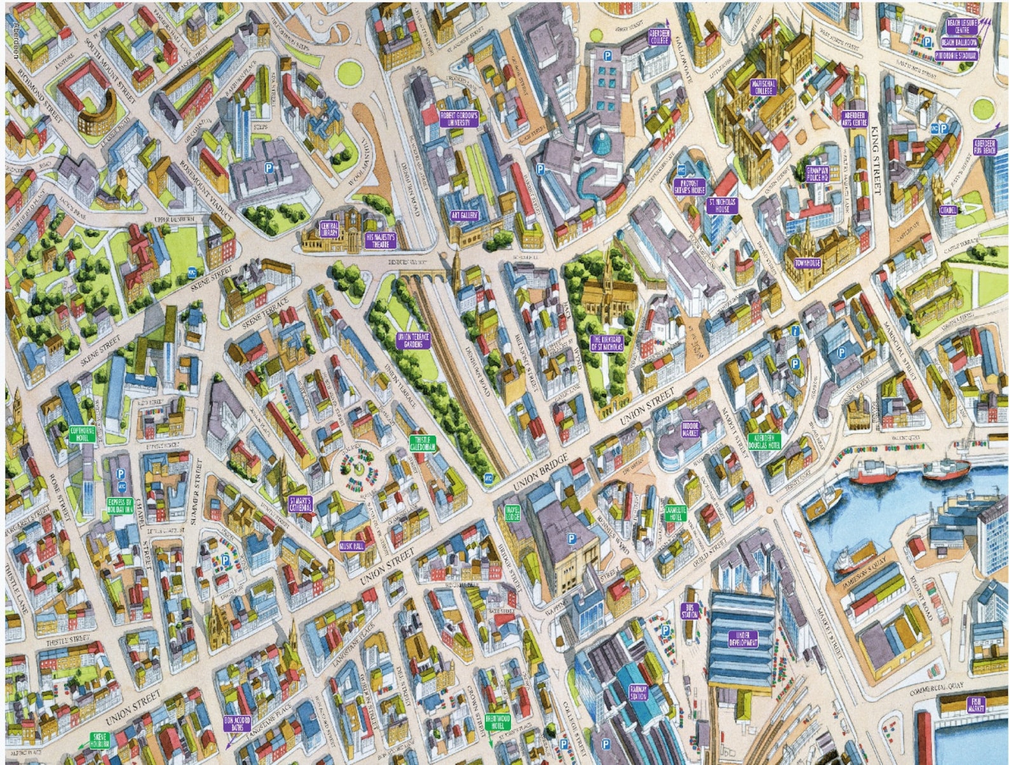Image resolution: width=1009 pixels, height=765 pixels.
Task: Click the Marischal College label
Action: click(x=762, y=87)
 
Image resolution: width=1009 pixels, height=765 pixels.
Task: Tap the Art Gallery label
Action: click(x=464, y=215)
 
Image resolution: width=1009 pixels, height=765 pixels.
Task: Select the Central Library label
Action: click(x=329, y=229)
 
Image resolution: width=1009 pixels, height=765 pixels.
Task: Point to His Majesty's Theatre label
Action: click(x=381, y=240)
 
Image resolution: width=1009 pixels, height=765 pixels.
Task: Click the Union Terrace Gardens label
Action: click(x=413, y=341)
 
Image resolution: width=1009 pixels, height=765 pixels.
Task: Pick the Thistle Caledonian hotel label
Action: click(x=424, y=443)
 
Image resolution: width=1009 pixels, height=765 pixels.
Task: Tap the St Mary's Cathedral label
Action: click(x=300, y=504)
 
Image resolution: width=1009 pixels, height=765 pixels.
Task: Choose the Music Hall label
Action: click(x=351, y=546)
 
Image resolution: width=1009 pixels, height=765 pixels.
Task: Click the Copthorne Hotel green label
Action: click(x=82, y=433)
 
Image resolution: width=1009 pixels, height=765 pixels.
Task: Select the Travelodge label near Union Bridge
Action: click(x=512, y=512)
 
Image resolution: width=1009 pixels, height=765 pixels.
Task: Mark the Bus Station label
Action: click(x=689, y=611)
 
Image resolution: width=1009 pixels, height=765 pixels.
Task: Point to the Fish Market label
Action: click(x=975, y=703)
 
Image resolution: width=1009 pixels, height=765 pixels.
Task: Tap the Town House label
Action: click(x=807, y=262)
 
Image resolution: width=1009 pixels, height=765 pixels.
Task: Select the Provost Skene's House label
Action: click(x=689, y=186)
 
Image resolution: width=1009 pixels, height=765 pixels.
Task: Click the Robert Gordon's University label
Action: click(x=458, y=119)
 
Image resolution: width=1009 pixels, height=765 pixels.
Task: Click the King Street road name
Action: click(x=879, y=160)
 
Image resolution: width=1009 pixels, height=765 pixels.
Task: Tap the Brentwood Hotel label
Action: click(x=498, y=722)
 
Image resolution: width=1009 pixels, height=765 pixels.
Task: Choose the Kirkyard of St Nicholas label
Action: click(x=607, y=343)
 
